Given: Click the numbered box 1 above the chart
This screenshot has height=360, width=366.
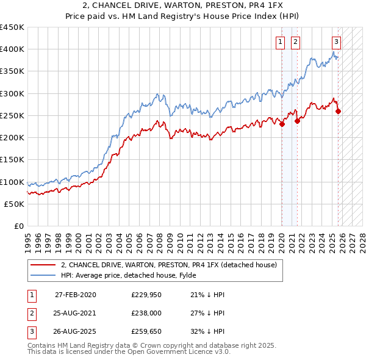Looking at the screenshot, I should [280, 42].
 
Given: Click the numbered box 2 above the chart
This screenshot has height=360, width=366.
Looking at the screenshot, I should [295, 42].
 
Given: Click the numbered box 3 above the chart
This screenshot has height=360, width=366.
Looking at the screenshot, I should [336, 42].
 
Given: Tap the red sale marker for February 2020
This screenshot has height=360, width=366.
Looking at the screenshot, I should [282, 124].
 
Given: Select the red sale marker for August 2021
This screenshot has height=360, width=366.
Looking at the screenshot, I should [297, 121].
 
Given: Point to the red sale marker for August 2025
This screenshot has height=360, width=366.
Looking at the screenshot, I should [339, 111].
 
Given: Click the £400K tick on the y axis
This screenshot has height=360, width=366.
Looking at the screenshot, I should [12, 49].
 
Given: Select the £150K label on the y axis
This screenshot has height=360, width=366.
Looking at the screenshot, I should [12, 160].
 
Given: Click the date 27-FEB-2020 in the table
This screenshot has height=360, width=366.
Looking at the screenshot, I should [75, 295].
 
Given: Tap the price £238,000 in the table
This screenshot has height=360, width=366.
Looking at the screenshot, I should [147, 314].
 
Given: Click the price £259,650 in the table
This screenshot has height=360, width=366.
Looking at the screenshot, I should [147, 333].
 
